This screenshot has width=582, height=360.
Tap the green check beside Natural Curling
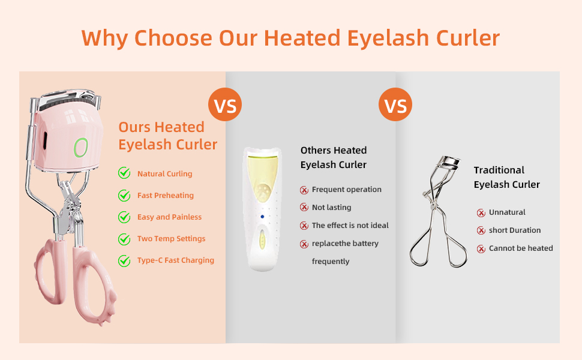pos(124,173)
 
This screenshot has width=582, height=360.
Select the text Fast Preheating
pos(165,195)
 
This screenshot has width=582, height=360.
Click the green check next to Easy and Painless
pos(124,217)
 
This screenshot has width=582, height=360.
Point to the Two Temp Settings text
pos(171,238)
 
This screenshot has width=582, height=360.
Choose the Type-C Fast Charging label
pos(175,260)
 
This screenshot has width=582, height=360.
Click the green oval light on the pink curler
pos(80,147)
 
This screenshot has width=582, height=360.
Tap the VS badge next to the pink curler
pos(225,106)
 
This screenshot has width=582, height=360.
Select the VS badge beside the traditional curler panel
pos(395,106)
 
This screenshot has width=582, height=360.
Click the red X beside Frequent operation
pos(304,190)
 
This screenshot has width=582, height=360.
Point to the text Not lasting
pos(331,207)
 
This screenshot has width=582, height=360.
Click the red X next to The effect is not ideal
pos(304,226)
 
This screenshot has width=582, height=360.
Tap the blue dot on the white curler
pos(262,217)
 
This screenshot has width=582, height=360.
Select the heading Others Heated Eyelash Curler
pos(334,157)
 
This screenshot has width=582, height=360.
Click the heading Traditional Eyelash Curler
pos(506,177)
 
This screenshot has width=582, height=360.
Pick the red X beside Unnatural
pos(481,213)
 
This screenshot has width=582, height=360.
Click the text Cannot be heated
pos(521,248)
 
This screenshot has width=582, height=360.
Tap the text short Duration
pos(515,230)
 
